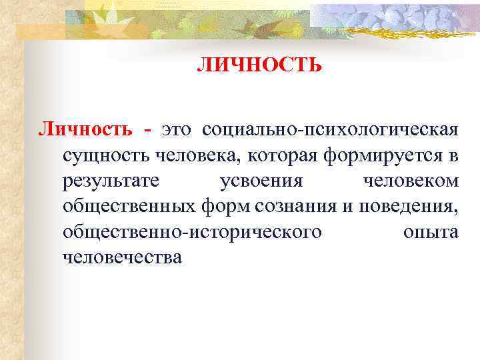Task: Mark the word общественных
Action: click(130, 206)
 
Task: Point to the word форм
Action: click(227, 207)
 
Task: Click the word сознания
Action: click(299, 206)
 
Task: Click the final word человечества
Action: click(122, 257)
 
